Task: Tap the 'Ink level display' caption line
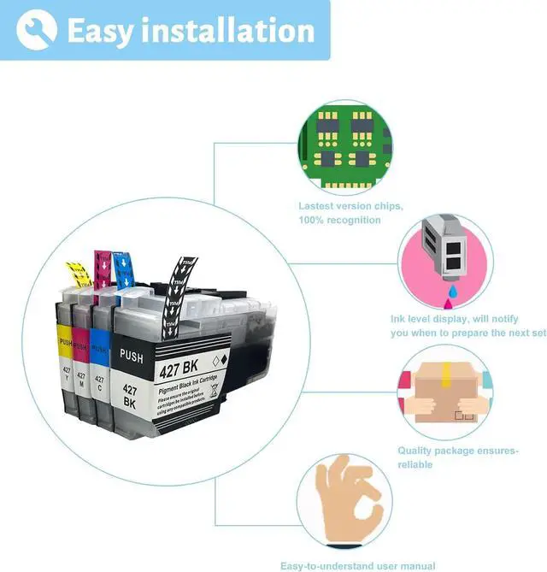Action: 453,319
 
